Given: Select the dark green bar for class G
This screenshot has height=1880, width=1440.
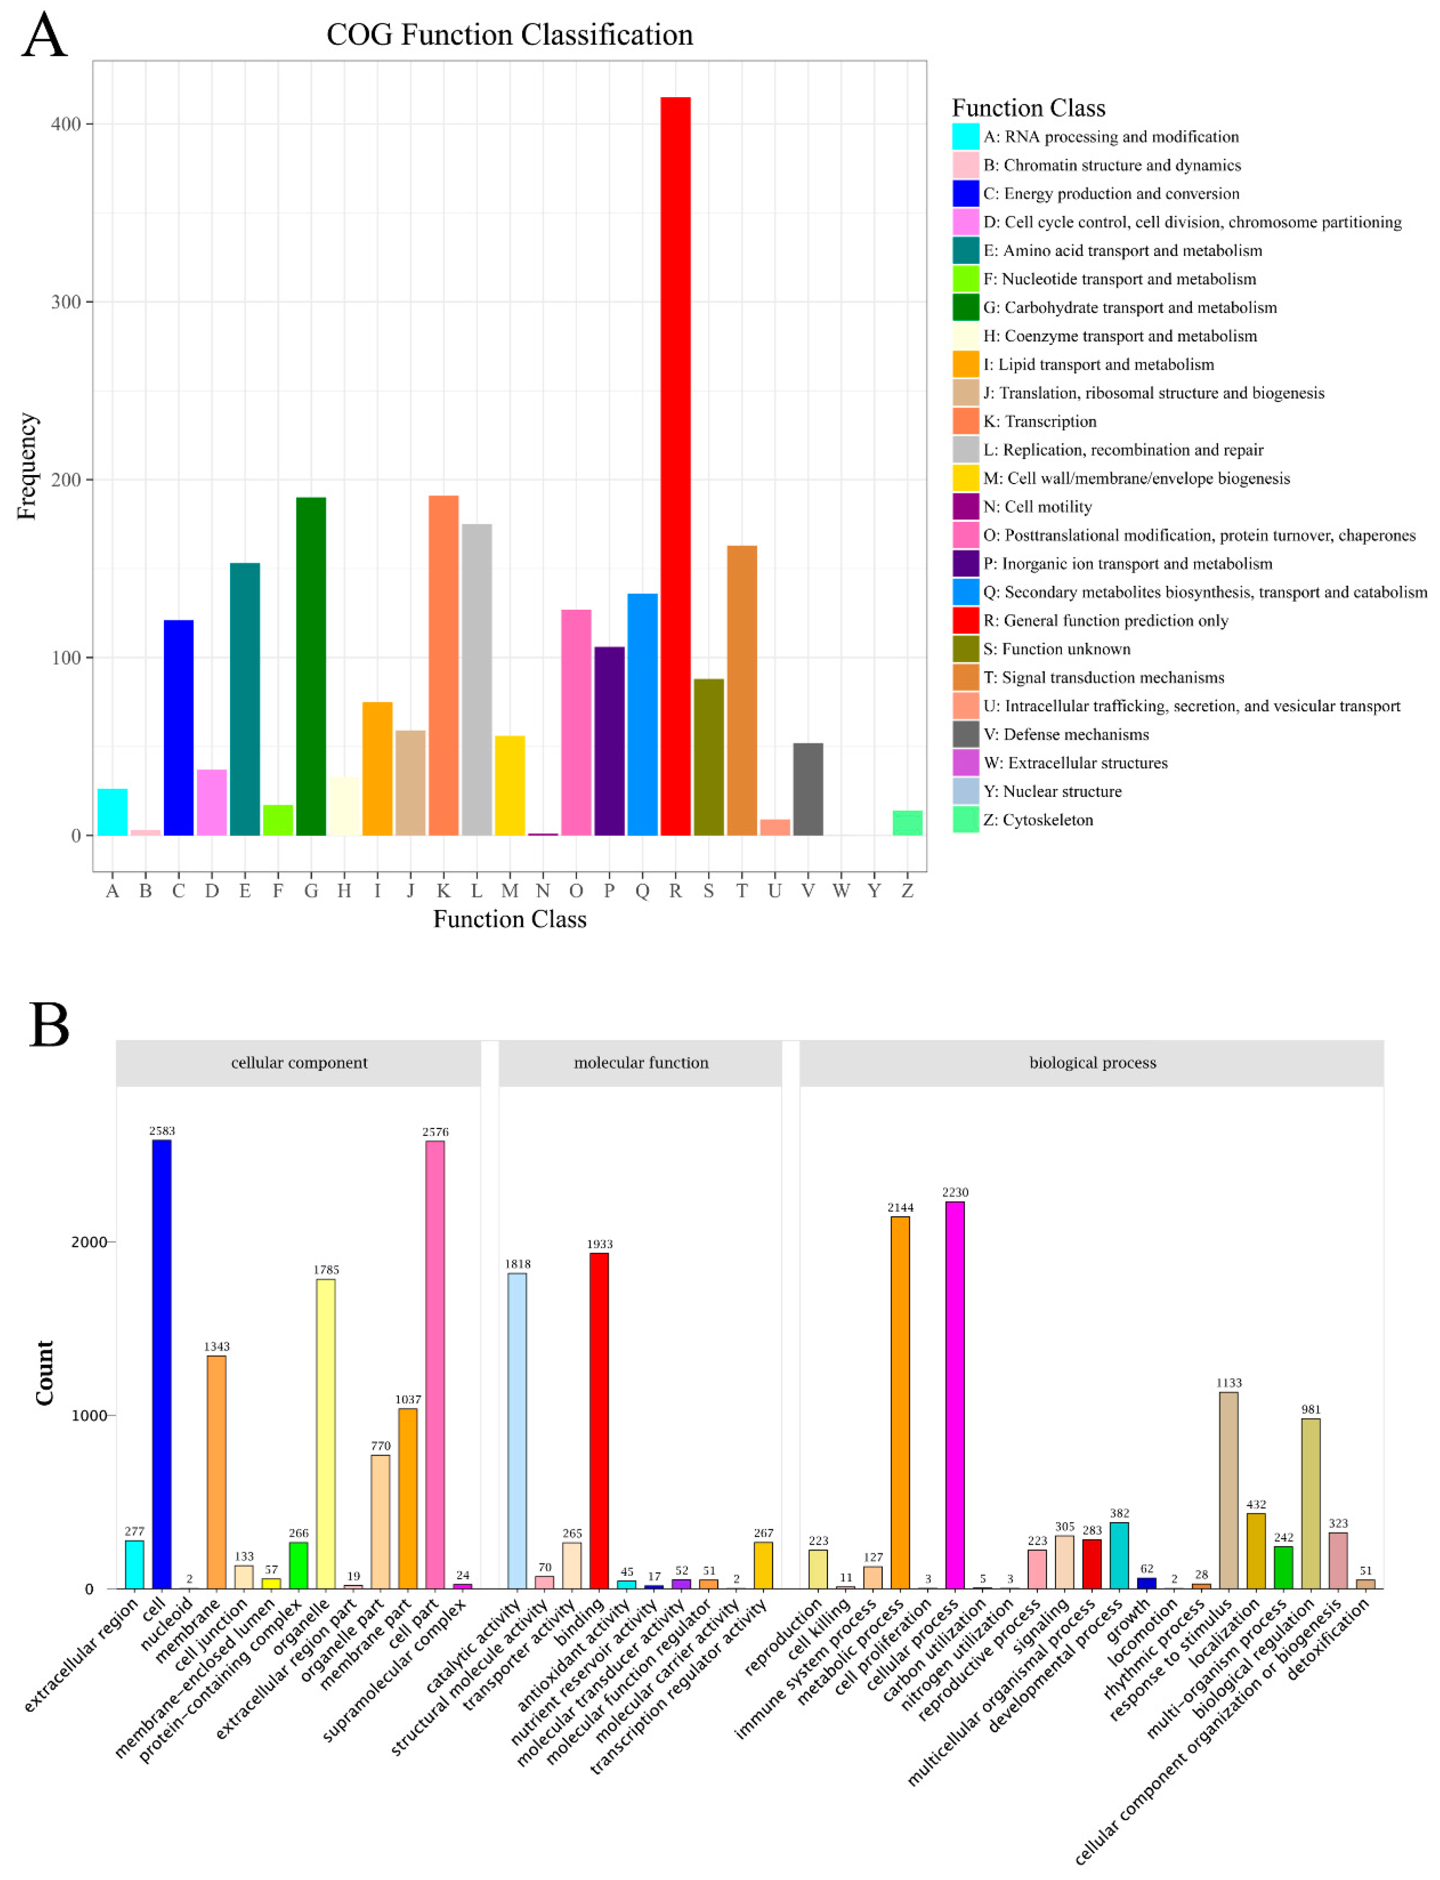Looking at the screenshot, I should coord(311,666).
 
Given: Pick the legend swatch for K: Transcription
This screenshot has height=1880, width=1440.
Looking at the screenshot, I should coord(965,421).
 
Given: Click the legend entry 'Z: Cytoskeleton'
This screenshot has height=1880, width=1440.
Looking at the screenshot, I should coord(1037,820).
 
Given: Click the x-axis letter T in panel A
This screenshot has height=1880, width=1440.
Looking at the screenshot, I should coord(741,891).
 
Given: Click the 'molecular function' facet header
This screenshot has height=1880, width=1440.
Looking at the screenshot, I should coord(640,1062).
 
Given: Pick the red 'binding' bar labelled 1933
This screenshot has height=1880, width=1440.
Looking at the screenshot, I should coord(599,1420).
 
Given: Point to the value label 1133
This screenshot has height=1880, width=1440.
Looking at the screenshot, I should coord(1228,1383).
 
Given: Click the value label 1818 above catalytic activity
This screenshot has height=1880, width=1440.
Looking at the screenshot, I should coord(518,1263).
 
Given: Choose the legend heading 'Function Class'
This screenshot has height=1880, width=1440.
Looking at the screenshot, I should coord(1028,108).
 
